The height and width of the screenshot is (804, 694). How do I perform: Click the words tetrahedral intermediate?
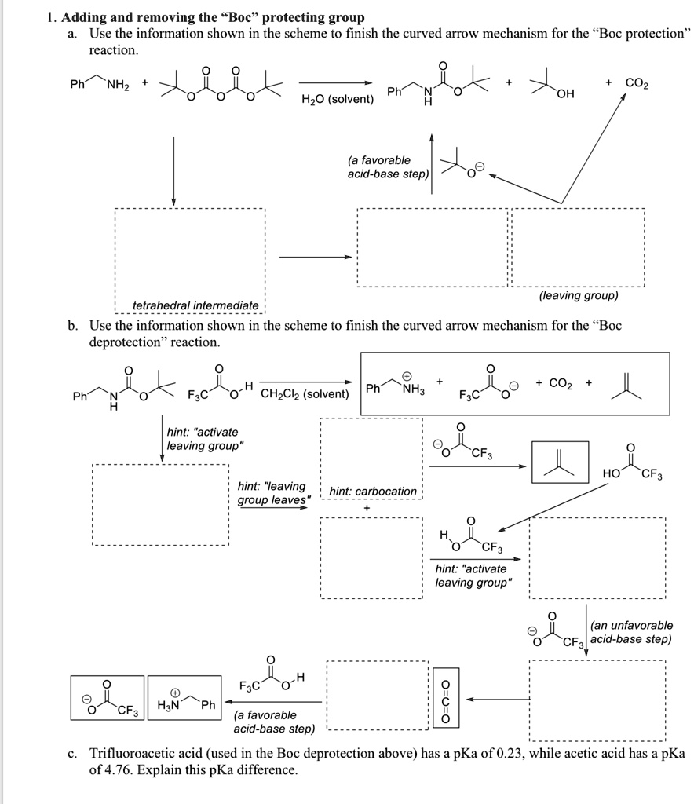195,305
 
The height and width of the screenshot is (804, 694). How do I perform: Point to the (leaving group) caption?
579,295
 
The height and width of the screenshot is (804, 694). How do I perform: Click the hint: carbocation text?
373,492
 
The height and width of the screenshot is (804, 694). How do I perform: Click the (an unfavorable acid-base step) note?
630,632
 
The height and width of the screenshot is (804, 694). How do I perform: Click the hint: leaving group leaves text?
272,493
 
